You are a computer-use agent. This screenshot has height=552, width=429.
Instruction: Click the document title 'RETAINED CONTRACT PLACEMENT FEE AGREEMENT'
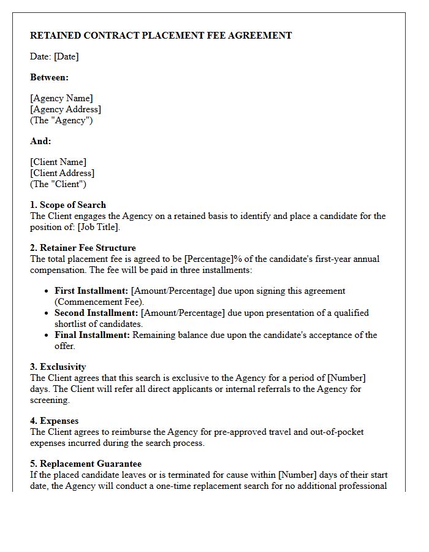tap(161, 36)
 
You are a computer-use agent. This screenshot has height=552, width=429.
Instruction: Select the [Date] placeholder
tap(66, 56)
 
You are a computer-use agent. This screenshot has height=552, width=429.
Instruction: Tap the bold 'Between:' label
tap(50, 77)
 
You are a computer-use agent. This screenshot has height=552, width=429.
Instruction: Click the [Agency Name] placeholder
tap(61, 98)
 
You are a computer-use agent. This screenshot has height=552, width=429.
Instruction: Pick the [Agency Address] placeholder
tap(66, 109)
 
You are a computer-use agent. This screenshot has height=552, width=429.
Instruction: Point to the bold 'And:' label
tap(40, 141)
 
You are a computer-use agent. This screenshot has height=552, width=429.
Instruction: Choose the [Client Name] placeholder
tap(58, 162)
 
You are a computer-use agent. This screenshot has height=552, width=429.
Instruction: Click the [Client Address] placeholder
tap(63, 173)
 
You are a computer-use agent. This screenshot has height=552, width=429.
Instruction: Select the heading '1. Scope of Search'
tap(68, 205)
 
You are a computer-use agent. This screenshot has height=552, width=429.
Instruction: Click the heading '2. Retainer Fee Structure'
tap(83, 248)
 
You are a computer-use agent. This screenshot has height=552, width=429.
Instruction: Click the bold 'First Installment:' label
tap(92, 291)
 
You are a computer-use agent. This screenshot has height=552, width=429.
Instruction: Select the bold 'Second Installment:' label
tap(96, 313)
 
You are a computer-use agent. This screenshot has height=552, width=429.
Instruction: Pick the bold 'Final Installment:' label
tap(93, 335)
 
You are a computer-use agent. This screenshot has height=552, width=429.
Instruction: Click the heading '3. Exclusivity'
tap(58, 367)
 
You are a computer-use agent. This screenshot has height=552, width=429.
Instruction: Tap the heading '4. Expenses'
tap(55, 421)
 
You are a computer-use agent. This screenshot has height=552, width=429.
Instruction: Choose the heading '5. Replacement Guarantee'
tap(86, 464)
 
